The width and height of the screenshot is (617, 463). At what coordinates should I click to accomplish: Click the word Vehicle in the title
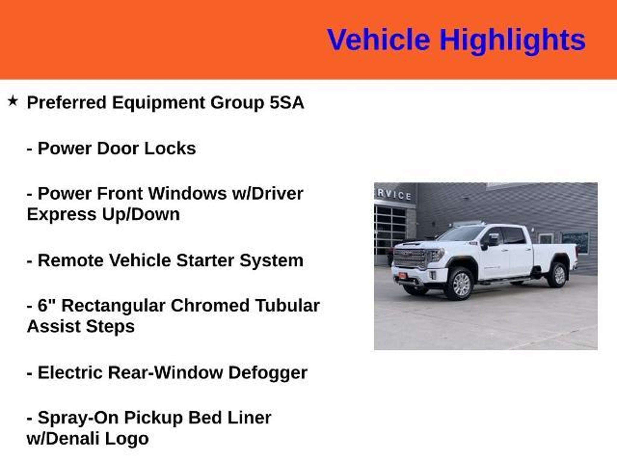[x=378, y=40]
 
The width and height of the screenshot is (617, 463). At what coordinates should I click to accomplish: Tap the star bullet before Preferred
[x=13, y=101]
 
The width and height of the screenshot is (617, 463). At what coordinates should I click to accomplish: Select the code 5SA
[x=287, y=102]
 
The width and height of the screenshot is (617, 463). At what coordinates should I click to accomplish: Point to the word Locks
[x=170, y=148]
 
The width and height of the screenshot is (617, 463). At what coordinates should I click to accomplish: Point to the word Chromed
[x=210, y=305]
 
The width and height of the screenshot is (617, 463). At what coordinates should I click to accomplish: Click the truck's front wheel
[x=460, y=284]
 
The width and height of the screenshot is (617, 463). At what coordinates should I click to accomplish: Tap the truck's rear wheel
[x=558, y=275]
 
